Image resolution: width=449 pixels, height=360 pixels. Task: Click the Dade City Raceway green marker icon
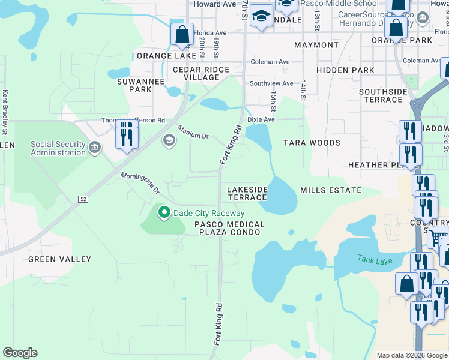pos(163,212)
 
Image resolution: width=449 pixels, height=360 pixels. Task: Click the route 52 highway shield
pos(83,199)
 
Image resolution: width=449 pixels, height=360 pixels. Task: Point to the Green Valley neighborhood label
pos(60,259)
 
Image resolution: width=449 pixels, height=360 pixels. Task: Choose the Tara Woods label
pos(312,143)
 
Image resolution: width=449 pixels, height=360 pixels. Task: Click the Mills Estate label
pos(331,190)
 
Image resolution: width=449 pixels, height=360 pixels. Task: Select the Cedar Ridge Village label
pos(201,74)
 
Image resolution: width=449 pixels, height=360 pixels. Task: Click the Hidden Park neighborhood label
pos(337,70)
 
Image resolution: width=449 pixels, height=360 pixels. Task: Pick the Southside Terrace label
pos(384,95)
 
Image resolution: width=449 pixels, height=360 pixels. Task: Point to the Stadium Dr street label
pos(193,132)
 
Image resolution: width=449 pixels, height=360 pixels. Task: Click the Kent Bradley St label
pos(5,112)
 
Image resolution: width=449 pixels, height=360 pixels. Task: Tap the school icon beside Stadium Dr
pos(169,140)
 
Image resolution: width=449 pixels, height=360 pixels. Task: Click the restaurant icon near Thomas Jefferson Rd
pos(127,136)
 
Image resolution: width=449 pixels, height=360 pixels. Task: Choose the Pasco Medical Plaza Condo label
pos(229,227)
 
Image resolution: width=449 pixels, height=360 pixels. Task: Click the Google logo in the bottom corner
pos(20,353)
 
